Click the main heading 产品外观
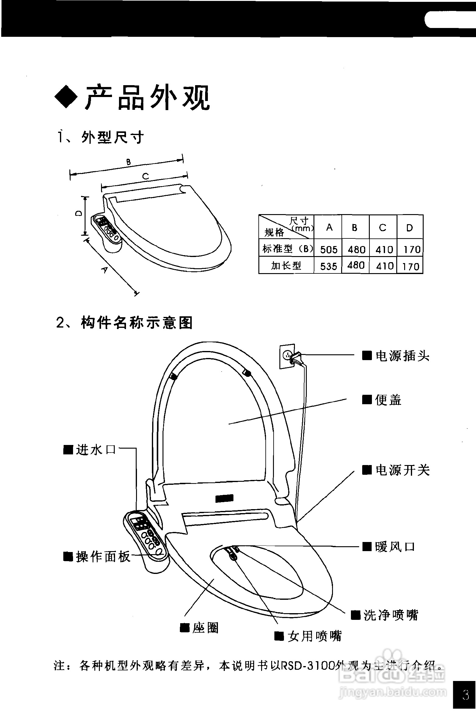pos(148,98)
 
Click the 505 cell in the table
pos(329,250)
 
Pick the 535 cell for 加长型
pos(329,266)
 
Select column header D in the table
pos(410,228)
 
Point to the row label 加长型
pos(286,266)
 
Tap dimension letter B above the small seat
pos(128,162)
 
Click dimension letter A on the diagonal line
pos(104,269)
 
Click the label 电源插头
pos(402,356)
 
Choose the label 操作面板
pos(103,557)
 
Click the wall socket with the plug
pos(288,356)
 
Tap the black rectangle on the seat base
pos(224,498)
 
